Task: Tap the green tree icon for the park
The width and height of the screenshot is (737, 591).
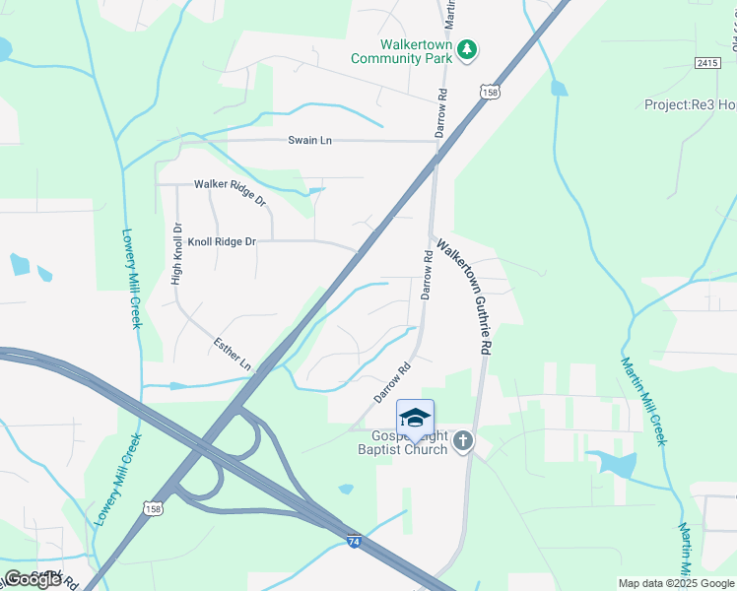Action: coord(469,50)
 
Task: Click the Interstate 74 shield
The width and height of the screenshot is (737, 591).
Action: coord(355,541)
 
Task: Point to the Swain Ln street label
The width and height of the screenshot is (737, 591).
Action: coord(309,141)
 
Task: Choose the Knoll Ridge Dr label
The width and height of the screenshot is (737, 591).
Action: coord(223,241)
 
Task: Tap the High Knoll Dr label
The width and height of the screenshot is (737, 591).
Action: coord(177,258)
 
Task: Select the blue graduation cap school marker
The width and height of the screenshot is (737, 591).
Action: coord(415,417)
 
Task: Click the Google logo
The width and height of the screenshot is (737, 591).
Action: coord(33,578)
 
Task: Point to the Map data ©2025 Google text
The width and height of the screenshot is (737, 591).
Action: coord(675,583)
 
